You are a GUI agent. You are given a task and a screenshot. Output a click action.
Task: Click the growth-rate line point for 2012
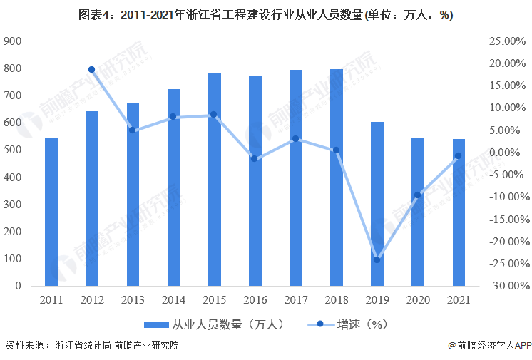pyautogui.click(x=92, y=69)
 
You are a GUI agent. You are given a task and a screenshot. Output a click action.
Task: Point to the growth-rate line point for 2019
pyautogui.click(x=377, y=259)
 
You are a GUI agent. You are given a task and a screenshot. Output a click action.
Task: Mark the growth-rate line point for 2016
pyautogui.click(x=255, y=158)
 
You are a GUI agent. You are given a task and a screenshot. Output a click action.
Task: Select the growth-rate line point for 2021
pyautogui.click(x=459, y=156)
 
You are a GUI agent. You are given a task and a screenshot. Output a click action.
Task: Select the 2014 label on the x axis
pyautogui.click(x=173, y=299)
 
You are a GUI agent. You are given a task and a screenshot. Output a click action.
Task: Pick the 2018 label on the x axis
pyautogui.click(x=336, y=299)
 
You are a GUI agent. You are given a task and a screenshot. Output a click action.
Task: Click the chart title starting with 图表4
pyautogui.click(x=265, y=15)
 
